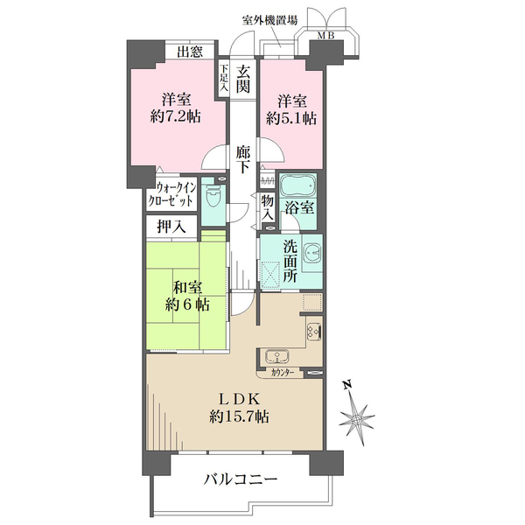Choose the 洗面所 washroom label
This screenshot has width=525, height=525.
[x=290, y=260]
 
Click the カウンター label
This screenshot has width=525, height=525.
[x=282, y=373]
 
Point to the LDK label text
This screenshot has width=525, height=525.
[x=234, y=397]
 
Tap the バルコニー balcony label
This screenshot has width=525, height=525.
[x=241, y=479]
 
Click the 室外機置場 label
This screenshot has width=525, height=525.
[x=269, y=19]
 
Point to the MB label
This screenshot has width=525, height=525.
[x=325, y=36]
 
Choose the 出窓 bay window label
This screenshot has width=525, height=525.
[x=189, y=52]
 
